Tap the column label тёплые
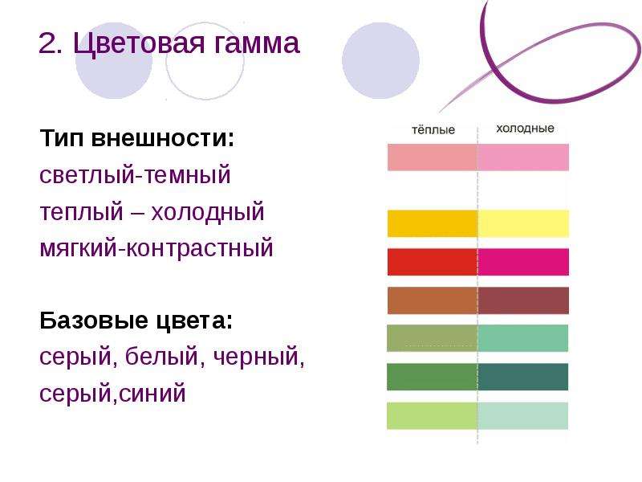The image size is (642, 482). click(x=433, y=130)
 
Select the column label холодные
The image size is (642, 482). click(x=525, y=129)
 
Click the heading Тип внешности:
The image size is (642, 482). click(x=137, y=137)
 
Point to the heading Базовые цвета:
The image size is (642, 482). click(x=136, y=320)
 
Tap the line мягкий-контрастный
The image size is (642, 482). click(x=156, y=248)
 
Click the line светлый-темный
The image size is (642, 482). click(x=135, y=174)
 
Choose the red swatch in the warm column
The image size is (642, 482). click(x=433, y=262)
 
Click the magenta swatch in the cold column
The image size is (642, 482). click(x=523, y=262)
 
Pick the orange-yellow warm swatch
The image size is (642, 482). click(x=433, y=223)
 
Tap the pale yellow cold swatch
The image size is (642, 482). click(x=523, y=223)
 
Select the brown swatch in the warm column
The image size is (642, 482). click(x=433, y=300)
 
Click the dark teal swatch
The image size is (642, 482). click(x=523, y=377)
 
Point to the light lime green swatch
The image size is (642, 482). click(x=433, y=415)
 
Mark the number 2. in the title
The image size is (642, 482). click(x=51, y=44)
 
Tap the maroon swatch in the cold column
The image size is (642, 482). click(x=523, y=300)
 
